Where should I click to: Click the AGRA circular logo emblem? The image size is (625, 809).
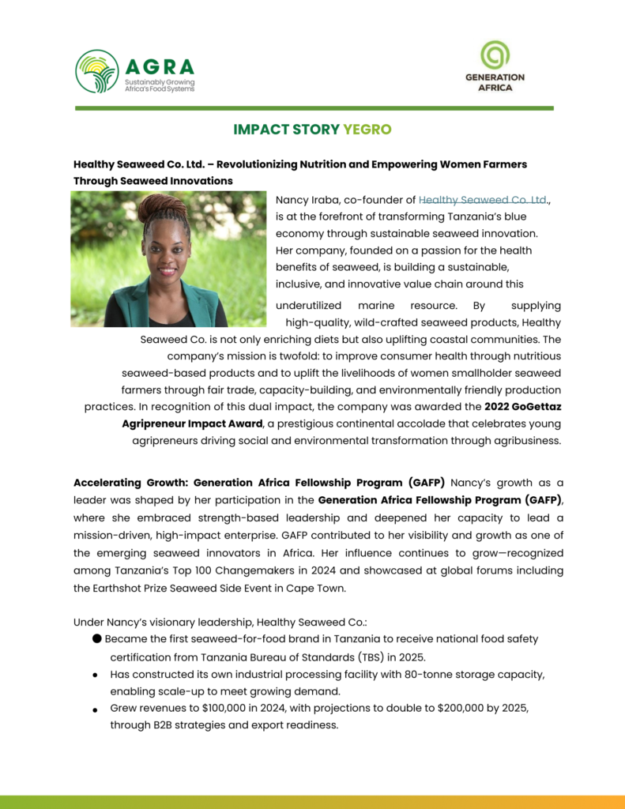pos(97,71)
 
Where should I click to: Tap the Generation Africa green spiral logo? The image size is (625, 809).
pos(495,55)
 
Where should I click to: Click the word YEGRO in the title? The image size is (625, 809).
pos(367,129)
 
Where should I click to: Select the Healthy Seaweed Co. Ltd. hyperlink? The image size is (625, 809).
pos(483,200)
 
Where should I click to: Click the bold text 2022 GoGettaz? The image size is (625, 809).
pos(525,407)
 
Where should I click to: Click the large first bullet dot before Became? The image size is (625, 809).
pos(96,638)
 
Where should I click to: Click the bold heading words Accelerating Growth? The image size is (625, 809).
pos(131,483)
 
